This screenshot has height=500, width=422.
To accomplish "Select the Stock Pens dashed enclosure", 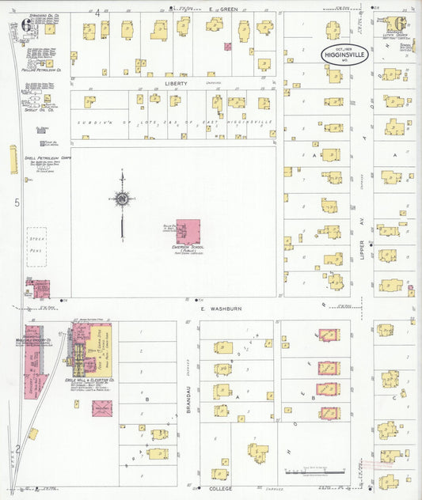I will pyautogui.click(x=36, y=246).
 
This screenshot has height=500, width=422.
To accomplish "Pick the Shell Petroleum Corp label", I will pyautogui.click(x=44, y=157).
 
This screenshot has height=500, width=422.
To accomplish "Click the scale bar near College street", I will pyautogui.click(x=305, y=473).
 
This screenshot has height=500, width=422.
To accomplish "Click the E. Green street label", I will pyautogui.click(x=219, y=9).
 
